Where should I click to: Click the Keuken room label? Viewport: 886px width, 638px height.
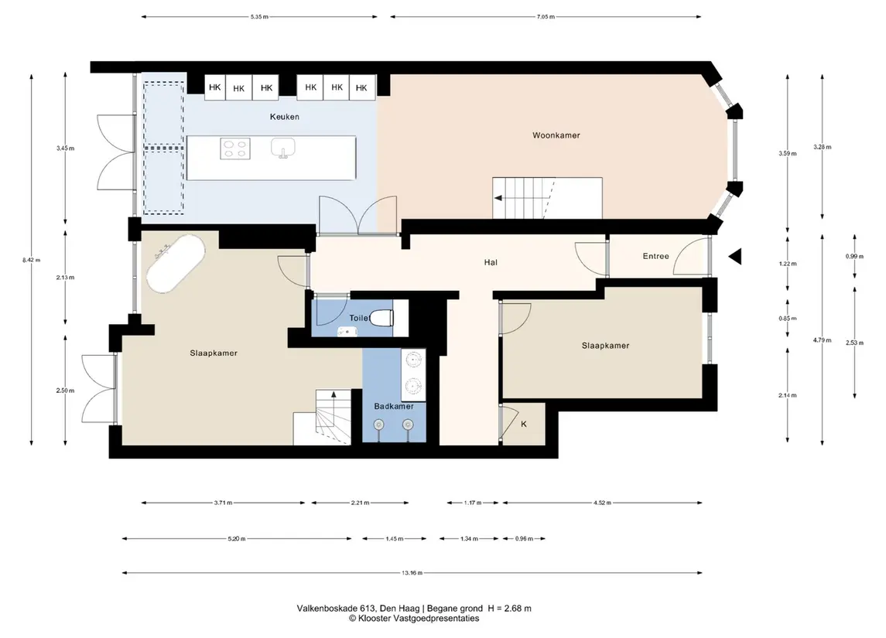(284, 117)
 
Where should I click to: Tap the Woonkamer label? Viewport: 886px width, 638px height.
(556, 135)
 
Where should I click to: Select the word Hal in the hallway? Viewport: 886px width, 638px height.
(491, 262)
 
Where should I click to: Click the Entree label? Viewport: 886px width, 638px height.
(655, 256)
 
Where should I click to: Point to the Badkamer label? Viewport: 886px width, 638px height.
(394, 407)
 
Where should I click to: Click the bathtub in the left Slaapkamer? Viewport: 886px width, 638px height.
(176, 264)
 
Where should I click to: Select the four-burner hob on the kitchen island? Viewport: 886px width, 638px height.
(235, 148)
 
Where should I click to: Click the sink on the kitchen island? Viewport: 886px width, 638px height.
(282, 148)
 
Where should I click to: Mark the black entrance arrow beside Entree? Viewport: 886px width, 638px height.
(734, 257)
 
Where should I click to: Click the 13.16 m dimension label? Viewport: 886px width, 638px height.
(412, 573)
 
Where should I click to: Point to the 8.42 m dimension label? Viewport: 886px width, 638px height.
(32, 261)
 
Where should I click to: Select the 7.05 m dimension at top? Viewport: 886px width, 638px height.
(546, 17)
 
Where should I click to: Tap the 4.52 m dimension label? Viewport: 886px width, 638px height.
(602, 503)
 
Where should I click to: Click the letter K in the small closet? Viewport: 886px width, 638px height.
(524, 424)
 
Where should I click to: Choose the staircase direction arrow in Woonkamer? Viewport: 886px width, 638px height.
(498, 198)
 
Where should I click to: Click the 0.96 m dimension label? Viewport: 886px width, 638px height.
(524, 539)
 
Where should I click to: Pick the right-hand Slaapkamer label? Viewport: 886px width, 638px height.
(605, 346)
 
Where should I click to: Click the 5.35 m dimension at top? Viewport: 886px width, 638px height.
(259, 17)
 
